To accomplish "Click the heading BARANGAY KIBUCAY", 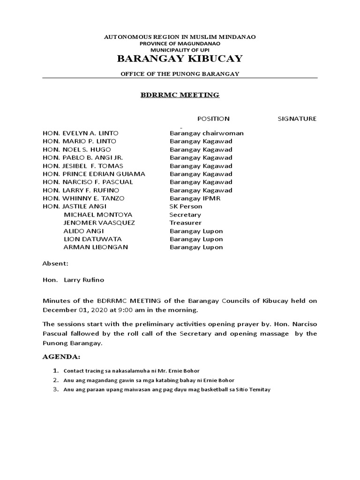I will click(x=180, y=59).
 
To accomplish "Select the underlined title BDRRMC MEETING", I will click(x=180, y=95).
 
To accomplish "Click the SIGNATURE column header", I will click(x=297, y=119).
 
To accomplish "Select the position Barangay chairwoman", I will click(x=206, y=133).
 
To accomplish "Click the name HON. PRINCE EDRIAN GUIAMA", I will click(x=94, y=174).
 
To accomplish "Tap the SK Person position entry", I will click(x=186, y=206).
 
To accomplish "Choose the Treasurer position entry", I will click(x=185, y=223).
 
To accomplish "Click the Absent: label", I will click(x=55, y=264).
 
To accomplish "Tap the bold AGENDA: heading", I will click(x=61, y=357).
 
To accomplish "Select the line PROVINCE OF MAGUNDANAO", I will click(x=180, y=43).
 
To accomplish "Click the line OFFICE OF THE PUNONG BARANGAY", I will click(x=180, y=74).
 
